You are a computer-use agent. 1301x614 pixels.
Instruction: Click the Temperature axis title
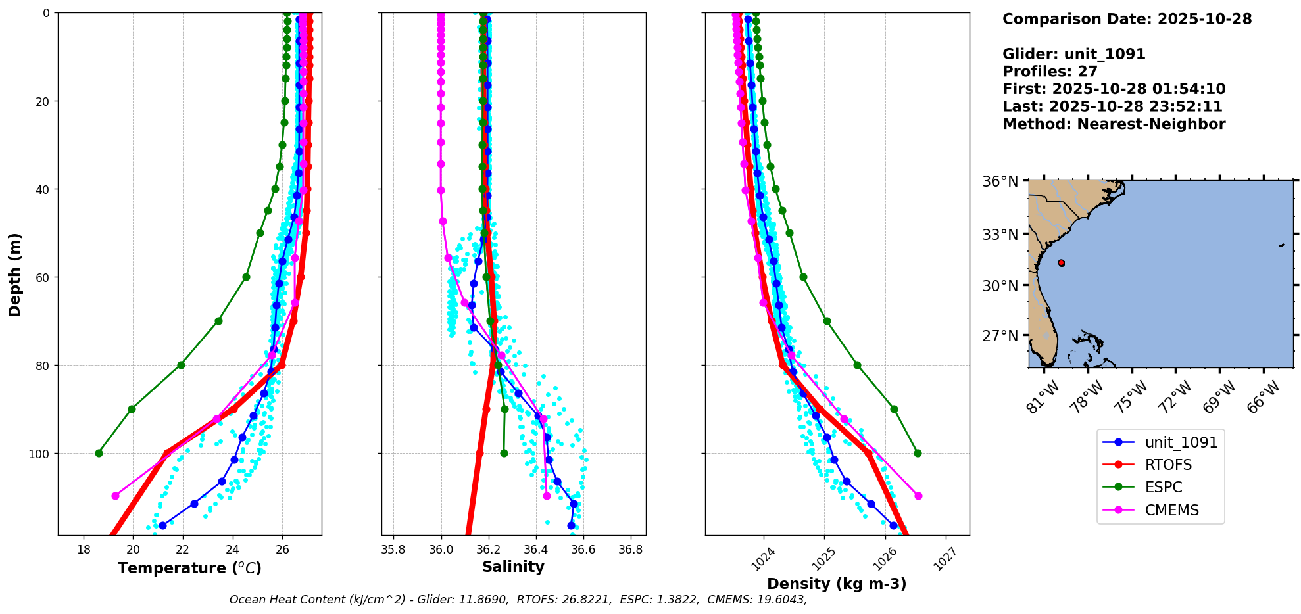point(189,568)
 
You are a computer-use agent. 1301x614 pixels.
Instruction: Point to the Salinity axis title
point(513,567)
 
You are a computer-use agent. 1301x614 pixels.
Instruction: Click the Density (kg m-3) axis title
point(837,584)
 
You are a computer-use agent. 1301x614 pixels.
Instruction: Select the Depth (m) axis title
point(14,274)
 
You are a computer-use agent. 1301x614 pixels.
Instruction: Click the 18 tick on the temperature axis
point(84,550)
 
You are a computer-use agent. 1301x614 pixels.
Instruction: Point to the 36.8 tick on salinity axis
point(630,550)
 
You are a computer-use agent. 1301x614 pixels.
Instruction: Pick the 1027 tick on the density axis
point(945,559)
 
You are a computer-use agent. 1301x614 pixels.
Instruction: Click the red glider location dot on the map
point(1061,263)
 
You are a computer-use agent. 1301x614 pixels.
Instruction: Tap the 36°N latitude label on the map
point(1000,181)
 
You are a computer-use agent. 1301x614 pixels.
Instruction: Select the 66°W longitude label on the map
point(1264,397)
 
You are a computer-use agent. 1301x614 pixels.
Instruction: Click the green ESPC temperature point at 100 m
point(99,453)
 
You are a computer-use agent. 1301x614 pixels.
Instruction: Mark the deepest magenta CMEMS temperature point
point(115,496)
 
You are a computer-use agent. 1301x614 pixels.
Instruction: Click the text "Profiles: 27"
point(1050,72)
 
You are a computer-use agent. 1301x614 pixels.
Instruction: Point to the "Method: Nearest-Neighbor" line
point(1114,124)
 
